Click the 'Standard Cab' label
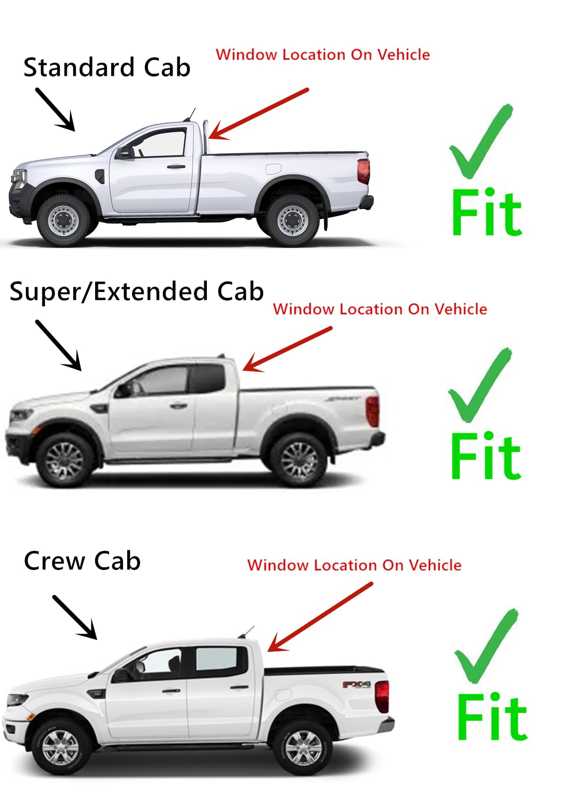[107, 68]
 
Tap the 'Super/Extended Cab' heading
[136, 292]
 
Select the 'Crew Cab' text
[82, 561]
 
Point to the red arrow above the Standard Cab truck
[259, 113]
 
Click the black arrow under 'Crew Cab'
[75, 617]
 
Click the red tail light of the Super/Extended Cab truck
[373, 411]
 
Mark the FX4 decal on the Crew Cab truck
[357, 684]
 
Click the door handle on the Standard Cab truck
[176, 167]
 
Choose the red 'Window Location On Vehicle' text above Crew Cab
[354, 565]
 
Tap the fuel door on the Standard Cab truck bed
[273, 168]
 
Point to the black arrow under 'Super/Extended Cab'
[58, 345]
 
